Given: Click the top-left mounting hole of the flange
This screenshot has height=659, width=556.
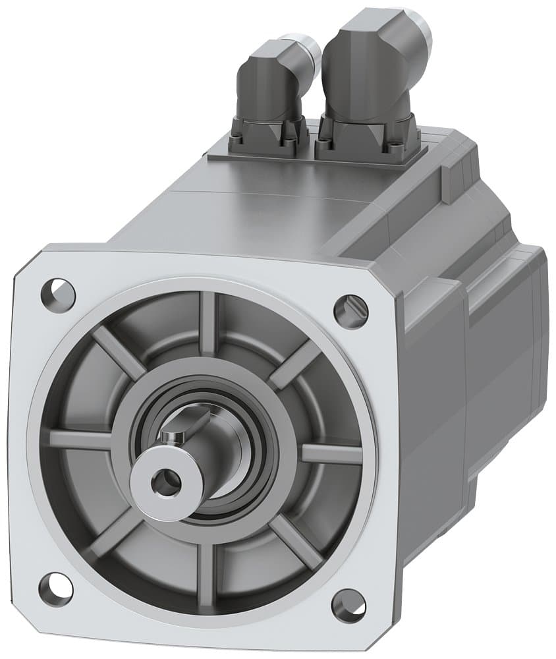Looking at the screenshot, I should [58, 291].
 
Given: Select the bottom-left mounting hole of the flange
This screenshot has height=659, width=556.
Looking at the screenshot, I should [56, 589].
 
